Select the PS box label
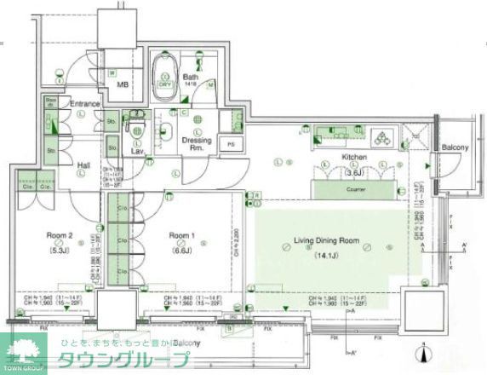(230, 144)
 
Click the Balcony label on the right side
(455, 148)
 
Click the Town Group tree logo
(24, 352)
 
